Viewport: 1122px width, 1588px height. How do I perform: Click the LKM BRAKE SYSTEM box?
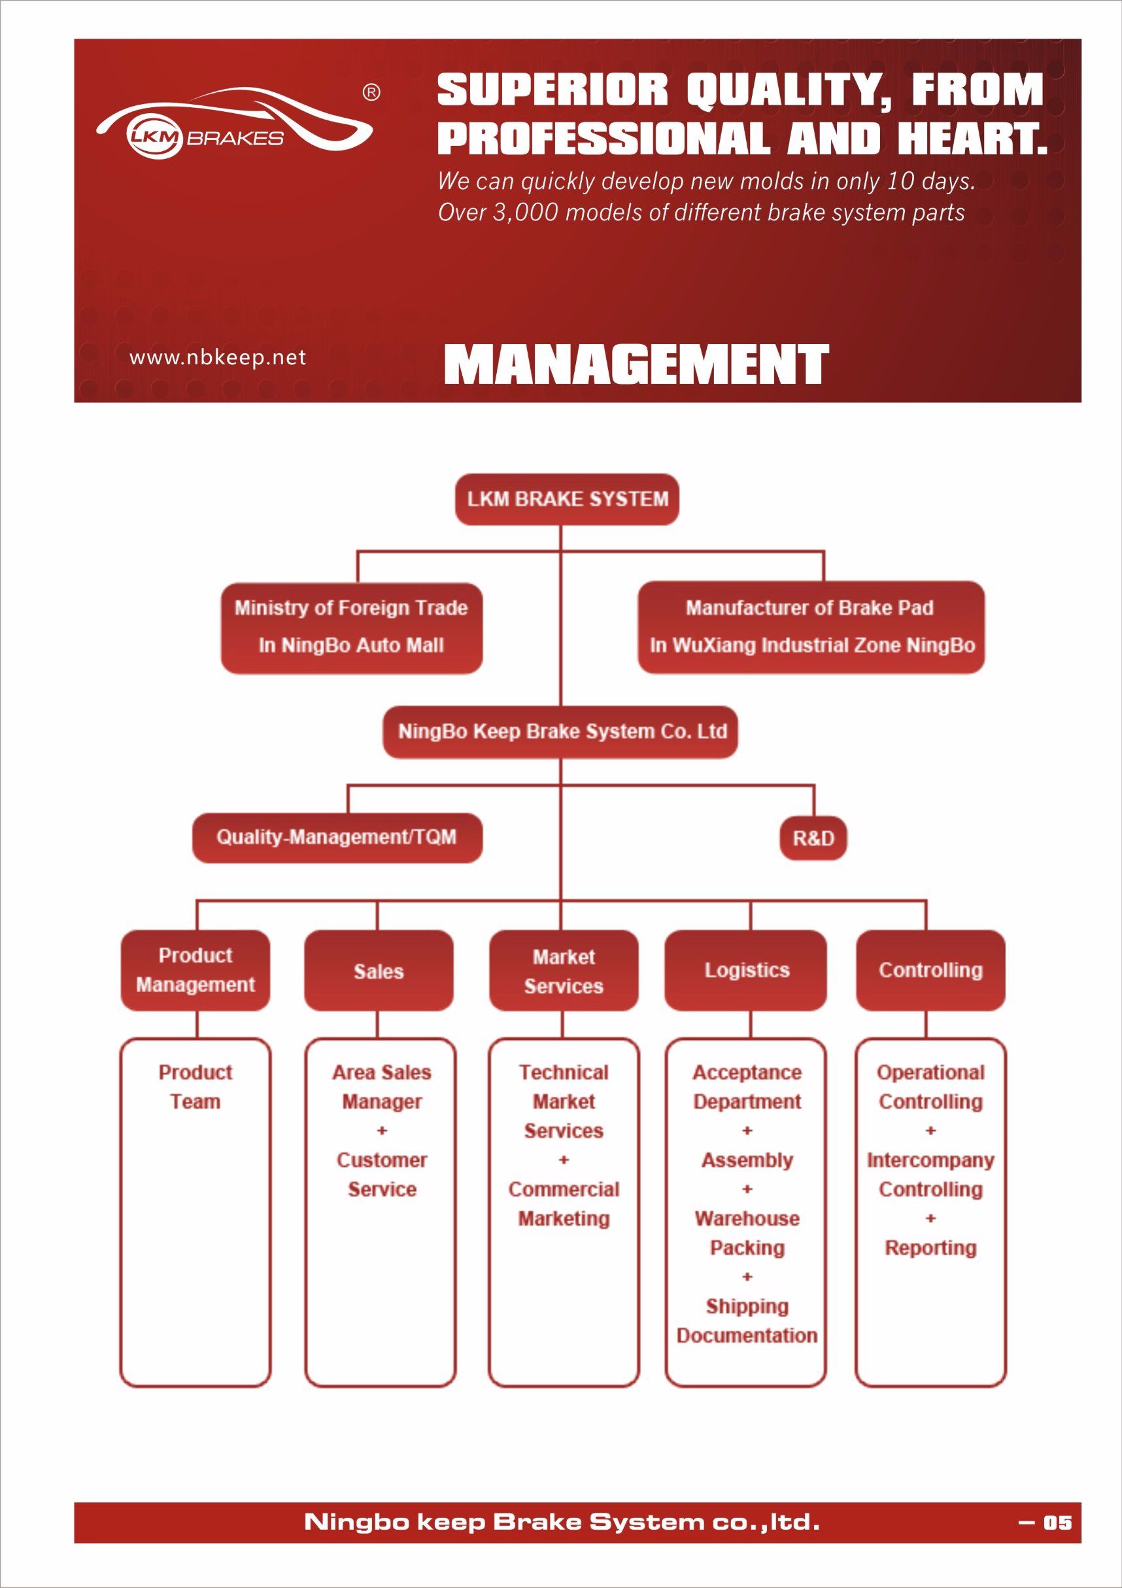(567, 498)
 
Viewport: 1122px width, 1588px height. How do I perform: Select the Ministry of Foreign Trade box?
(351, 627)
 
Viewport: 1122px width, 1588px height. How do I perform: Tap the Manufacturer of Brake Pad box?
(811, 627)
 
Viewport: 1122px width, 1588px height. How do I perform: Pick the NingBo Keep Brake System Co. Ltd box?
(560, 732)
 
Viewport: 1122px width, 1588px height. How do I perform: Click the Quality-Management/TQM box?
(337, 838)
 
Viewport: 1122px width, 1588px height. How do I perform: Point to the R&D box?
(813, 838)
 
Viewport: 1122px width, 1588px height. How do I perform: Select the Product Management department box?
(195, 970)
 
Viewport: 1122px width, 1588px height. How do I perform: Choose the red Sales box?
(379, 970)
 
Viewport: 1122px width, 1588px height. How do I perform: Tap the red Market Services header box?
(564, 970)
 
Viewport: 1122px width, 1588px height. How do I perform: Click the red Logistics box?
(746, 970)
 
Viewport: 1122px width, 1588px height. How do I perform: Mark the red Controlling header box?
(930, 970)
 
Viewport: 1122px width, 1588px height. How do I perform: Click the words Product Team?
(195, 1086)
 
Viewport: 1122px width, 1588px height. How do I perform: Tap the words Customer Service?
(382, 1175)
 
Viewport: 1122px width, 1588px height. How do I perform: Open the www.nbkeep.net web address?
(218, 358)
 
